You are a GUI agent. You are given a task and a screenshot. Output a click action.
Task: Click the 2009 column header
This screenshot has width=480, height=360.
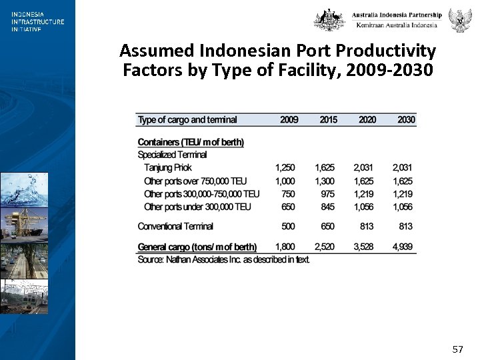coord(289,120)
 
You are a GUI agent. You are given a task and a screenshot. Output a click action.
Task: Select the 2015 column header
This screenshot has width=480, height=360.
coord(328,120)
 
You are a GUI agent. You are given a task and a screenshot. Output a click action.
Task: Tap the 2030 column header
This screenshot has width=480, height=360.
coord(406,120)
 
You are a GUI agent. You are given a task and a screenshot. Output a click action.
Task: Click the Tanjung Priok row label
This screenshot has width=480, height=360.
coord(168,168)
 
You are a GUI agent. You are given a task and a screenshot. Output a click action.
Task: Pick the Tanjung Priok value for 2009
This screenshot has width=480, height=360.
coord(285,168)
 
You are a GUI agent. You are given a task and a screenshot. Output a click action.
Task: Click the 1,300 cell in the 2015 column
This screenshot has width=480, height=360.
coord(325,181)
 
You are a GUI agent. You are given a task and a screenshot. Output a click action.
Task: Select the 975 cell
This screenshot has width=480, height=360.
coord(327,194)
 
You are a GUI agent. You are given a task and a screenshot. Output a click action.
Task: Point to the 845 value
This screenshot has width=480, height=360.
coord(327,207)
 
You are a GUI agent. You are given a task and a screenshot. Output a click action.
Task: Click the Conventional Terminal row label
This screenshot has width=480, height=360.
coord(175,227)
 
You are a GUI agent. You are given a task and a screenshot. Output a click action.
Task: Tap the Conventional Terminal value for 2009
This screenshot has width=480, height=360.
coord(288,227)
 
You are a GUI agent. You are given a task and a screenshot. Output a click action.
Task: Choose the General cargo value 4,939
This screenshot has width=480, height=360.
coord(403,247)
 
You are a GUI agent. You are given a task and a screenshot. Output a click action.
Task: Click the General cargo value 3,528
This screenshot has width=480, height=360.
coord(363,247)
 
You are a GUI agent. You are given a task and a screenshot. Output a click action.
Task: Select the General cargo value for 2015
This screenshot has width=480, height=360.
coord(325,247)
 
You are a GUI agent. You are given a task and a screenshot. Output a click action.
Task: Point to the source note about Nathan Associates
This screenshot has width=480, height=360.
coord(223,259)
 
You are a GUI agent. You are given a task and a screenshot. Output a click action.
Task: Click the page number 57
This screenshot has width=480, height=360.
coord(457,349)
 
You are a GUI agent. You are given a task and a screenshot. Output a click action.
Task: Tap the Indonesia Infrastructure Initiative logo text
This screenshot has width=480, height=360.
coord(37,21)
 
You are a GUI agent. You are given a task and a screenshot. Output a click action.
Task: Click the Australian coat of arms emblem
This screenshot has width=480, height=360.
coord(329,20)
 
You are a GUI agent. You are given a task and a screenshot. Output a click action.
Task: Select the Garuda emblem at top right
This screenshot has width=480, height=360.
coord(459,20)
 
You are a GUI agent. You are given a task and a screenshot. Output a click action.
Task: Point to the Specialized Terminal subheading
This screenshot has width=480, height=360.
coord(172,155)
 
